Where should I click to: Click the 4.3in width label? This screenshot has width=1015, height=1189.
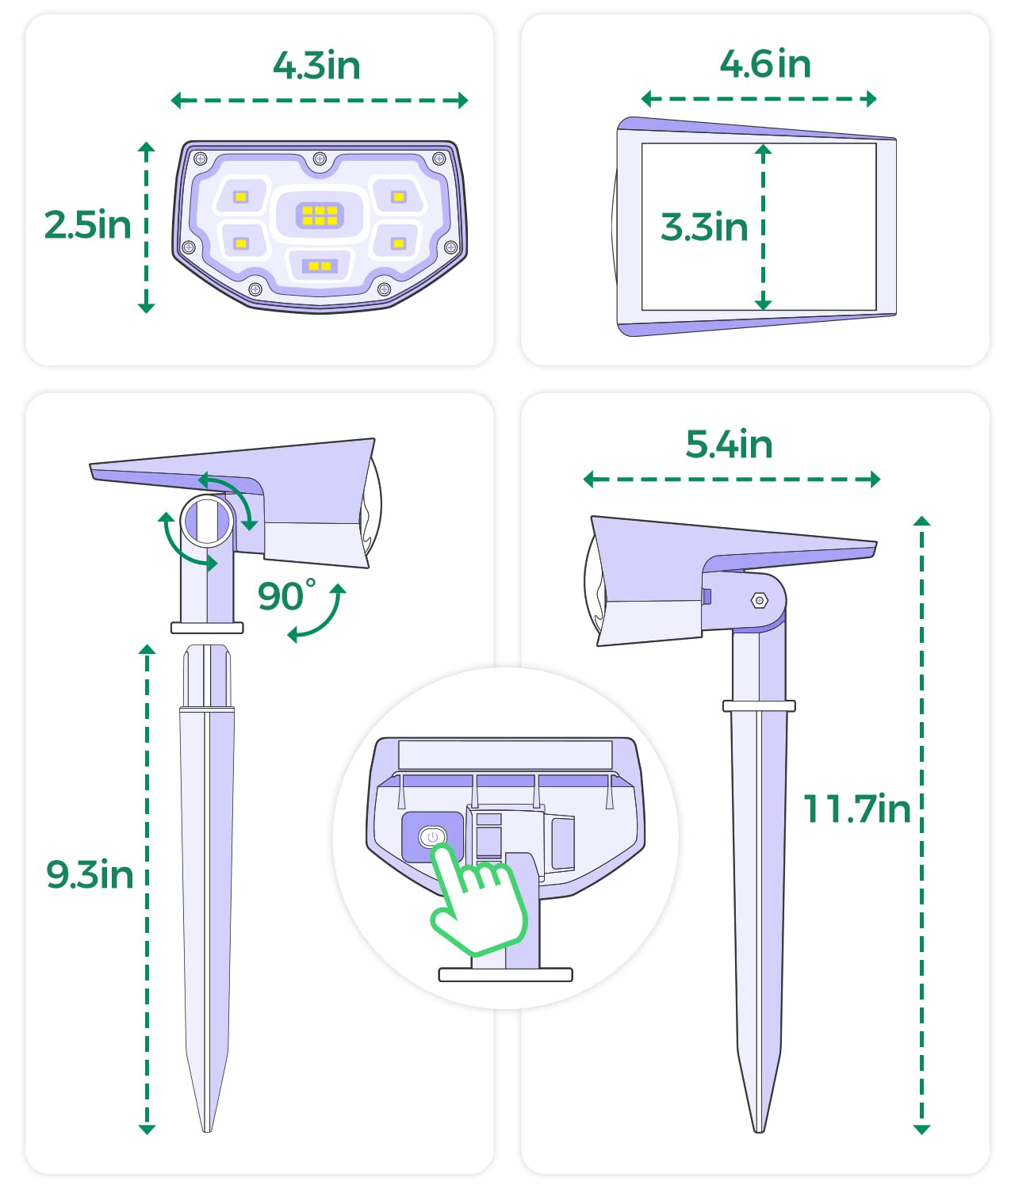click(316, 65)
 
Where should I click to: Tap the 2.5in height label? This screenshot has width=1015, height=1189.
click(87, 225)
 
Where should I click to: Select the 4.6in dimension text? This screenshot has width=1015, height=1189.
click(765, 64)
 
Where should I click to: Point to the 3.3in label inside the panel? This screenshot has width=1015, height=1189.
click(704, 227)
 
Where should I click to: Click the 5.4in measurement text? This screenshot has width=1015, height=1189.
click(729, 444)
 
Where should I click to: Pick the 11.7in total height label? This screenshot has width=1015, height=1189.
click(856, 809)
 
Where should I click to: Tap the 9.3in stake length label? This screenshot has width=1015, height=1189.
click(90, 874)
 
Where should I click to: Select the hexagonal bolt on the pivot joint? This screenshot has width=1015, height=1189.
click(759, 601)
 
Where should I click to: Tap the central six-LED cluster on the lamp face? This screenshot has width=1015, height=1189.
click(320, 215)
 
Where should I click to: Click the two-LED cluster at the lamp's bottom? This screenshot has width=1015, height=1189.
click(320, 266)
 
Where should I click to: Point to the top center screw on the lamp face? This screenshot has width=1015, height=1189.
click(320, 159)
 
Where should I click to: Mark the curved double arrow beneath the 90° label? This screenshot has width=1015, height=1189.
click(317, 614)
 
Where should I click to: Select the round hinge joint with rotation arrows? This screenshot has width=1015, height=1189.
click(207, 521)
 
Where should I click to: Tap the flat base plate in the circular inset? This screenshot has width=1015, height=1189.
click(505, 975)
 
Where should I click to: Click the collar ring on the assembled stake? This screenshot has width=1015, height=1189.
click(758, 705)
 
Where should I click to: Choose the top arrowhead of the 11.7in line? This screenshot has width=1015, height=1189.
click(921, 521)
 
